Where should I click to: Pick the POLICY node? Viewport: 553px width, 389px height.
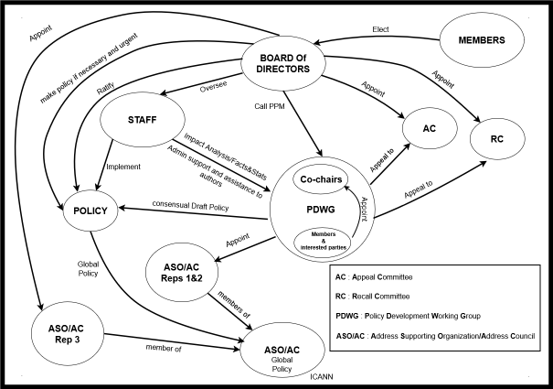point(91,211)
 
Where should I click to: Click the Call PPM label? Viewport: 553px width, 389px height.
point(271,106)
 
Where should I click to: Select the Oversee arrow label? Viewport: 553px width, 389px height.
point(214,89)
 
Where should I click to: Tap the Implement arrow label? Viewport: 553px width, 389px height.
point(122,167)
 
